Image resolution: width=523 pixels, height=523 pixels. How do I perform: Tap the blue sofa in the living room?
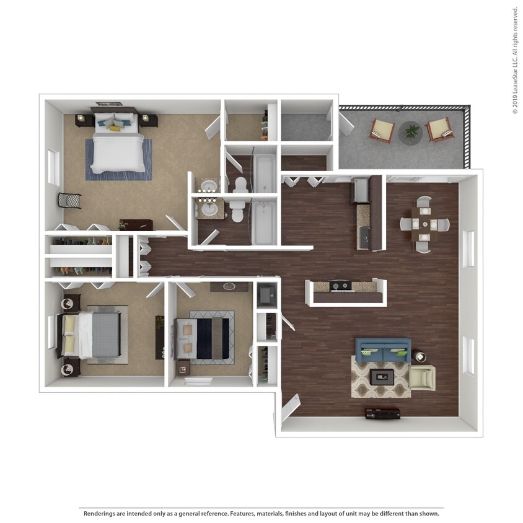(x=382, y=350)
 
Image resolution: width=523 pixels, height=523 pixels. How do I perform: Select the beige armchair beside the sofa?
(x=421, y=377)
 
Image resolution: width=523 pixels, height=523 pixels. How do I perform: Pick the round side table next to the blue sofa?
(x=420, y=357)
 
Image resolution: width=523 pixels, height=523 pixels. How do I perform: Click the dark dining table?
(x=424, y=224)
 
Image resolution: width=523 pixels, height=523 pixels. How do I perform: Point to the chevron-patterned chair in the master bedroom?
(x=69, y=201)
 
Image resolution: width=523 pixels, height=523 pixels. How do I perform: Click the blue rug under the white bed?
(x=118, y=159)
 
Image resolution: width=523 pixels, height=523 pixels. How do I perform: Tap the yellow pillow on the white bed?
(x=115, y=128)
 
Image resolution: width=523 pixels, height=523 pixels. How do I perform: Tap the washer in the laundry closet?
(x=267, y=295)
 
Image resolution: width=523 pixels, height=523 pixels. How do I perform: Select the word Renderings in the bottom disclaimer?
(x=100, y=514)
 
